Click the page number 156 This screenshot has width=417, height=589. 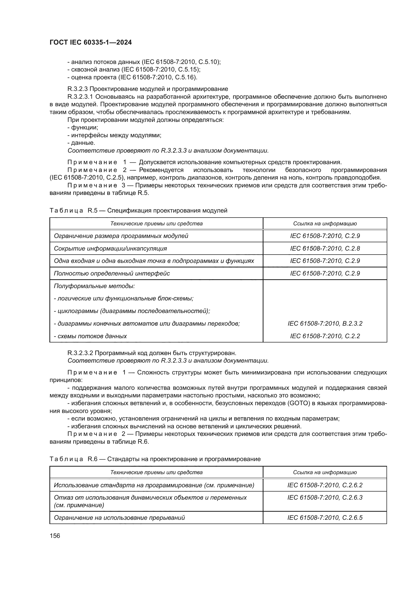pyautogui.click(x=55, y=536)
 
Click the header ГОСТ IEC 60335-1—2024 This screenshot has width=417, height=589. pyautogui.click(x=91, y=43)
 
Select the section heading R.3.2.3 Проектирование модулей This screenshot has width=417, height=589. pyautogui.click(x=148, y=89)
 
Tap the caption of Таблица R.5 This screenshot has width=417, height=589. pyautogui.click(x=138, y=211)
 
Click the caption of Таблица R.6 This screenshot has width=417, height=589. pyautogui.click(x=155, y=459)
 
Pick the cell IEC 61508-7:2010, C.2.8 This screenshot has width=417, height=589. pyautogui.click(x=325, y=248)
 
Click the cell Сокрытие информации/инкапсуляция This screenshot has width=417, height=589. pyautogui.click(x=110, y=248)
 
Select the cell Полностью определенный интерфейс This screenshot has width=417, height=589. pyautogui.click(x=112, y=273)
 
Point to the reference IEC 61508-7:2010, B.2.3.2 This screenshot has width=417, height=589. pyautogui.click(x=325, y=324)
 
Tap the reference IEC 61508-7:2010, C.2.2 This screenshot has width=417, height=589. pyautogui.click(x=325, y=336)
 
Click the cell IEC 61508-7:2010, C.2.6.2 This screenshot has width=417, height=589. pyautogui.click(x=325, y=485)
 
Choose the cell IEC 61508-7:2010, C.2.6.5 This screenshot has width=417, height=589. pyautogui.click(x=325, y=517)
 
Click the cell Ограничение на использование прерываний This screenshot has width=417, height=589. pyautogui.click(x=120, y=517)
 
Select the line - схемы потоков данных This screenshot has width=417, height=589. pyautogui.click(x=91, y=336)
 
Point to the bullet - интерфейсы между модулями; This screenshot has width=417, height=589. pyautogui.click(x=114, y=135)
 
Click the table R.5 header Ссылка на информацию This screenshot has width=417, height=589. pyautogui.click(x=325, y=223)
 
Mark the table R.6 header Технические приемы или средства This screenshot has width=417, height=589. pyautogui.click(x=156, y=472)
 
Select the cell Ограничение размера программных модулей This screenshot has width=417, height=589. pyautogui.click(x=121, y=236)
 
